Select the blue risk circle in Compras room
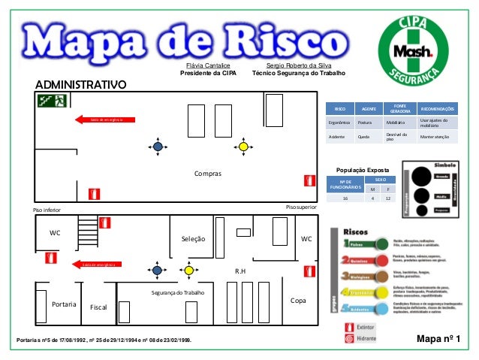click(x=158, y=147)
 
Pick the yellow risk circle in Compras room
click(x=243, y=147)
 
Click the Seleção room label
click(x=193, y=239)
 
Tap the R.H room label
click(x=241, y=271)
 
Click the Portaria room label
click(x=65, y=304)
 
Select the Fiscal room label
click(x=99, y=308)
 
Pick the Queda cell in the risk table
click(x=363, y=138)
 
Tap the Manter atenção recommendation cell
click(x=435, y=138)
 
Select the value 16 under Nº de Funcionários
click(x=345, y=198)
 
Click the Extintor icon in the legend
click(x=348, y=328)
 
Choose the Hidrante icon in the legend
click(x=348, y=339)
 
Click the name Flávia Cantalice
click(x=208, y=66)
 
